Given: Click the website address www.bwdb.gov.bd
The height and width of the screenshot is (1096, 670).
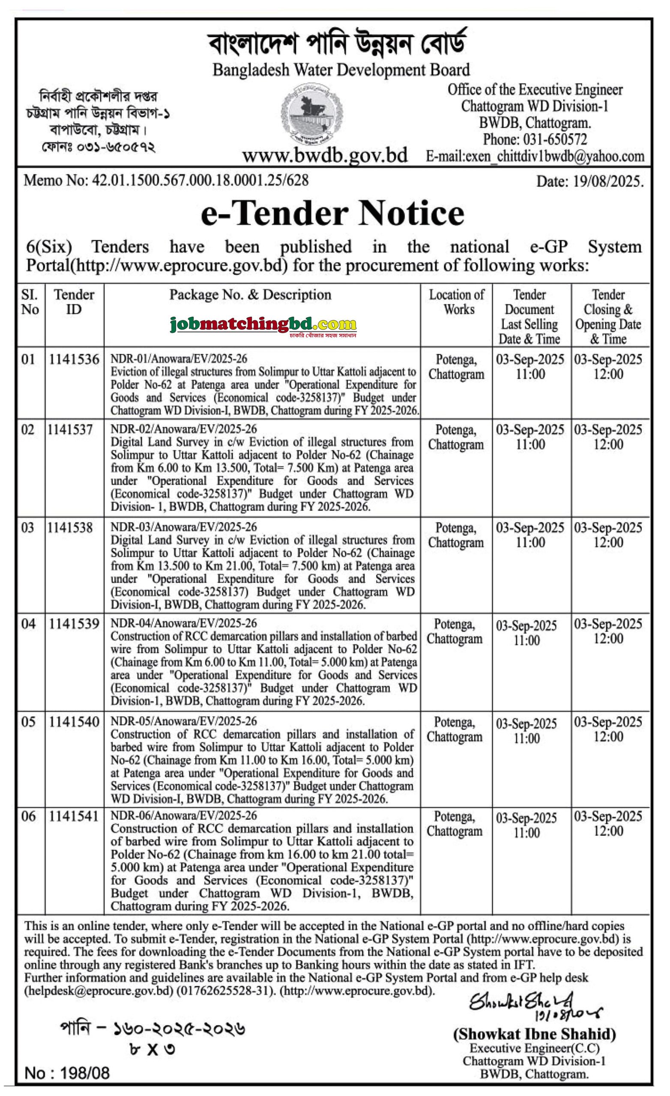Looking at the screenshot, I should click(x=325, y=155).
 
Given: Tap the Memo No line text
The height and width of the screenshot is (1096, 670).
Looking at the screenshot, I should click(x=166, y=180).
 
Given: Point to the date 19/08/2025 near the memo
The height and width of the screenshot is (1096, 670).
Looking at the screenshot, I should click(x=589, y=182).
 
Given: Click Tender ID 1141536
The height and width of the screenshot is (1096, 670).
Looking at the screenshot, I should click(x=74, y=359).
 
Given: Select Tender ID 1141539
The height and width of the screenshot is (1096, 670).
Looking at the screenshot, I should click(x=74, y=624).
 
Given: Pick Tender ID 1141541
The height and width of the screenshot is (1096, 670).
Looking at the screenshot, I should click(x=74, y=816).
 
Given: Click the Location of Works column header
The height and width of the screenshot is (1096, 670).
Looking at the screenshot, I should click(x=456, y=302).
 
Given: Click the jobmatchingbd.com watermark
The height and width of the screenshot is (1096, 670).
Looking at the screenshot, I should click(x=263, y=326).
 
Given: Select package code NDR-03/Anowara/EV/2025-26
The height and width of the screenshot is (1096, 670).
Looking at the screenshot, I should click(x=183, y=527).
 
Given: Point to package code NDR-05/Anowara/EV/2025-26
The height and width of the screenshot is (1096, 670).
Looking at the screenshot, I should click(x=183, y=721).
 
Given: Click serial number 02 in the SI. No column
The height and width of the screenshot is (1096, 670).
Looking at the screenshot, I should click(x=27, y=430).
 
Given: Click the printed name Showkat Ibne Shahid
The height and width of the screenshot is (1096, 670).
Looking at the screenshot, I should click(x=534, y=1035).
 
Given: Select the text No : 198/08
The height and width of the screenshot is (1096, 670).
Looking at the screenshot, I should click(x=67, y=1073).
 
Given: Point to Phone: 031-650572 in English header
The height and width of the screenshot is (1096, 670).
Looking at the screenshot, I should click(x=535, y=140).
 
